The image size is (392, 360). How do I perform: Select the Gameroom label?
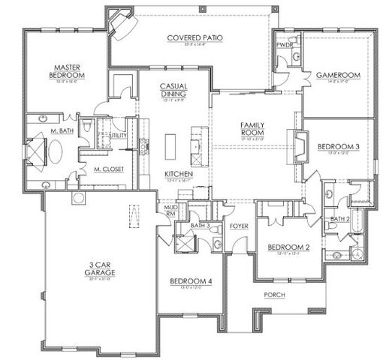point(337,75)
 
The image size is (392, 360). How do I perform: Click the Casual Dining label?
point(173,90)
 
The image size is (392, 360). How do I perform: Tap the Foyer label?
point(239,224)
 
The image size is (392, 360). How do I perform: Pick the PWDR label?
point(284,45)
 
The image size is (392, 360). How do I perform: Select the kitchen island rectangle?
point(170,142)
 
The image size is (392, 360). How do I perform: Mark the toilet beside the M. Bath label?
point(86,128)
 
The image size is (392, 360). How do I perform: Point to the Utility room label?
point(119,135)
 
